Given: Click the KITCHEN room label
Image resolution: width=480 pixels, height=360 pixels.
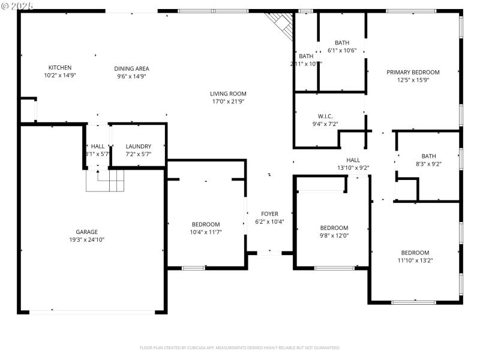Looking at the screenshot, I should pyautogui.click(x=60, y=68).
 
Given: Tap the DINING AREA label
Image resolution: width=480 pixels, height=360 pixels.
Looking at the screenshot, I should pyautogui.click(x=131, y=68).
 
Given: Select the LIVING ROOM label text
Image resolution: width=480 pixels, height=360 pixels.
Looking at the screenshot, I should pyautogui.click(x=228, y=94).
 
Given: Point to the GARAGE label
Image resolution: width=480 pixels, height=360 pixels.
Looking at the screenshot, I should pyautogui.click(x=86, y=232).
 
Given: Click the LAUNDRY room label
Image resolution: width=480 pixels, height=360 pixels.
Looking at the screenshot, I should pyautogui.click(x=138, y=146).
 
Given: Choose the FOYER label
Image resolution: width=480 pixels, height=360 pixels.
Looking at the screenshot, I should pyautogui.click(x=269, y=214).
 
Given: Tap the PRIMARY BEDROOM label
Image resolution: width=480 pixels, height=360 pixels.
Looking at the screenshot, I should pyautogui.click(x=413, y=72).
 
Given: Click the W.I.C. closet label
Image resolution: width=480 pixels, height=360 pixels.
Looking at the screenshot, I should pyautogui.click(x=325, y=116).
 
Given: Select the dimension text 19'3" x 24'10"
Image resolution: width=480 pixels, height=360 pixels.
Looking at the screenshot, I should pyautogui.click(x=86, y=239).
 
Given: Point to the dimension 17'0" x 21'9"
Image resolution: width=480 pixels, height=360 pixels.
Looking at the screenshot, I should pyautogui.click(x=228, y=101).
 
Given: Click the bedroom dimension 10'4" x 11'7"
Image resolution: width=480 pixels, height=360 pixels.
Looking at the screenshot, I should pyautogui.click(x=206, y=232).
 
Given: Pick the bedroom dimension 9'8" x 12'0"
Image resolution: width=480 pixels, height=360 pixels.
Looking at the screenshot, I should pyautogui.click(x=334, y=235).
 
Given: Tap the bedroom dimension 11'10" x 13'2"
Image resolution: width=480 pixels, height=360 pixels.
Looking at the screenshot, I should pyautogui.click(x=415, y=260).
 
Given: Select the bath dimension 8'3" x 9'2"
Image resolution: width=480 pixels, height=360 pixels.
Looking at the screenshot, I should pyautogui.click(x=428, y=164).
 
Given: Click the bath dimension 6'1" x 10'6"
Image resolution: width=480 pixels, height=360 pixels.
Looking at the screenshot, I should pyautogui.click(x=342, y=50).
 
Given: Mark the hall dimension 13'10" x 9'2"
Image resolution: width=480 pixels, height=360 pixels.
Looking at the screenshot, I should pyautogui.click(x=353, y=168).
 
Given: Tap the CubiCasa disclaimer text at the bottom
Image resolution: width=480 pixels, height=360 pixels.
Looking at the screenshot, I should pyautogui.click(x=240, y=347).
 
